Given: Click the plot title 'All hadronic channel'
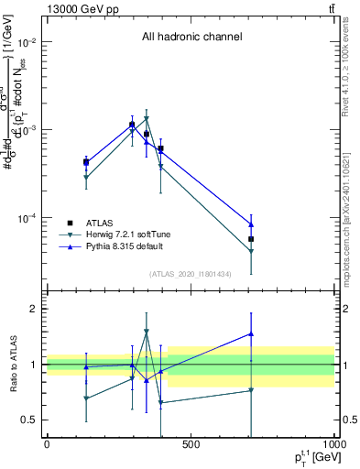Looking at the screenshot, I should [x=191, y=37].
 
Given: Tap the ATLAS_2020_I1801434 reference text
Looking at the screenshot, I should [x=191, y=274].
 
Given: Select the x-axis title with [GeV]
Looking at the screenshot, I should [x=313, y=459].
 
